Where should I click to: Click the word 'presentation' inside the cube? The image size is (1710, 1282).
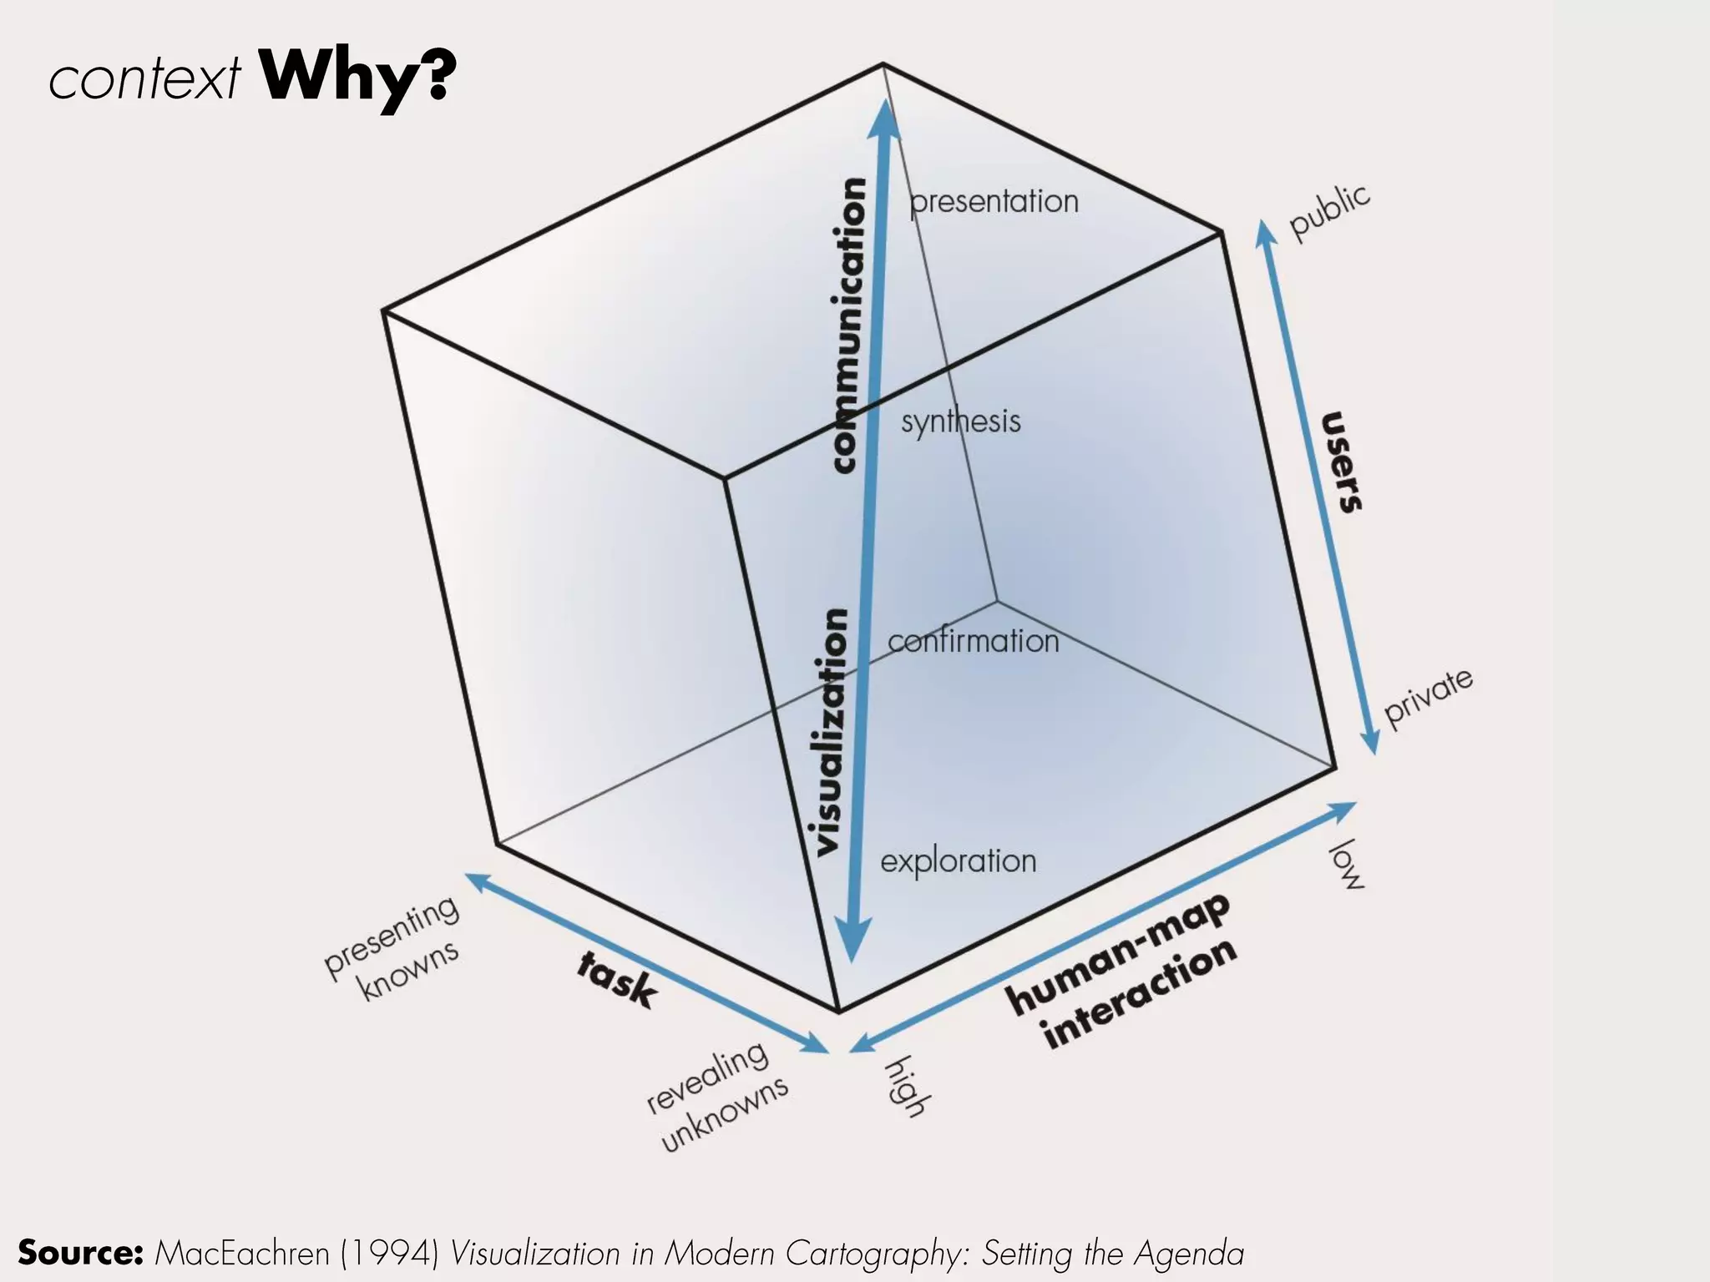coord(994,202)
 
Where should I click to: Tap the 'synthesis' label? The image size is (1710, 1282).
coord(960,422)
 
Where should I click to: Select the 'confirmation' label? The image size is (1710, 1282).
coord(973,642)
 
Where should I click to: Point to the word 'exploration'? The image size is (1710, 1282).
coord(958,861)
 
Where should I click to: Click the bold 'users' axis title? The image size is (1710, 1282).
coord(1342,462)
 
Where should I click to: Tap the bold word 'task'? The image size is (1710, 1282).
coord(617,980)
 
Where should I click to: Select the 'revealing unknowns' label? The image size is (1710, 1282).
coord(718,1097)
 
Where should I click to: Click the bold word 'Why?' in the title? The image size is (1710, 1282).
coord(357,78)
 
